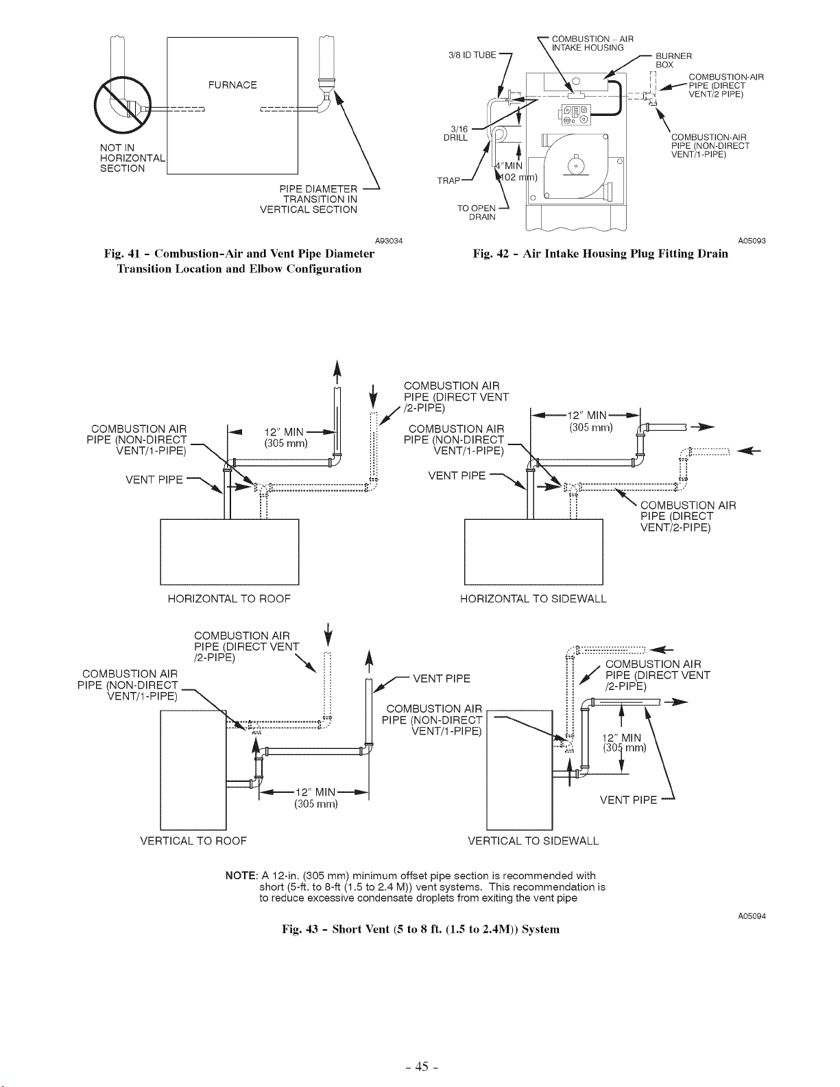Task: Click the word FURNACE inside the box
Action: (x=232, y=85)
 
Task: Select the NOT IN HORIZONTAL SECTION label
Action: (x=132, y=158)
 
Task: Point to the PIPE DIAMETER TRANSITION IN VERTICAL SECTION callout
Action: (x=309, y=199)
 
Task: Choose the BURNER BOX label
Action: (x=673, y=60)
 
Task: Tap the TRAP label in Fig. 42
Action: (x=448, y=180)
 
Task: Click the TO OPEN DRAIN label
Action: (x=476, y=213)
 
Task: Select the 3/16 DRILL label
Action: (x=455, y=134)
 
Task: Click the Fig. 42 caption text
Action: (x=601, y=254)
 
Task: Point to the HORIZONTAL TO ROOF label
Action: (x=229, y=599)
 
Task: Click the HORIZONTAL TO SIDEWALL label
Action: (x=533, y=599)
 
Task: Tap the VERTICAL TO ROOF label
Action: (x=193, y=841)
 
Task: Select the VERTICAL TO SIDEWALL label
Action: (x=533, y=841)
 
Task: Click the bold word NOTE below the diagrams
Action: (x=241, y=876)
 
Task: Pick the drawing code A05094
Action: (x=752, y=916)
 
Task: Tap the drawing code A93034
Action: (x=389, y=241)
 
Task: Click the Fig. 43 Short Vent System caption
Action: (x=420, y=929)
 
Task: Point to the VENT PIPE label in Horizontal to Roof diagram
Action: (x=154, y=480)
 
